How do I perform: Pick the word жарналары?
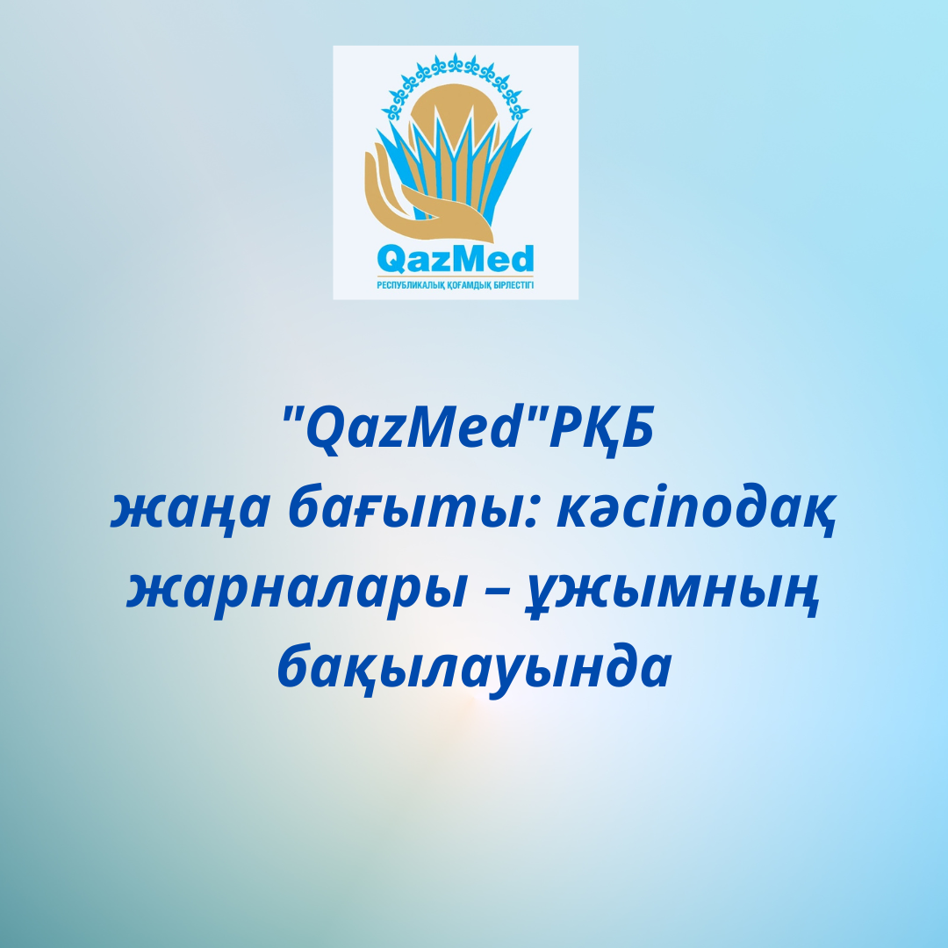[x=297, y=591]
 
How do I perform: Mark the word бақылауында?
[x=475, y=667]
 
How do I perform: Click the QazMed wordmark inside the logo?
[x=456, y=259]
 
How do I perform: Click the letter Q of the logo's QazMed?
[x=390, y=261]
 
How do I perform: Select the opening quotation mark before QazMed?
[x=292, y=414]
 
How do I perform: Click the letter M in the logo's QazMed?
[x=464, y=258]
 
